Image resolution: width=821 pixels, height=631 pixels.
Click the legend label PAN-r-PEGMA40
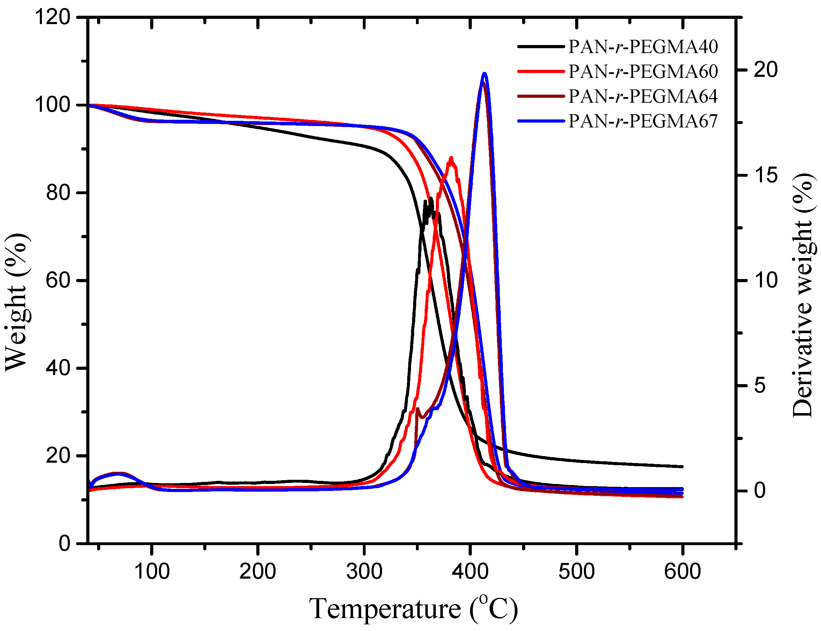click(643, 46)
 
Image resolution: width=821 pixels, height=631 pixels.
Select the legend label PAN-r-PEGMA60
click(643, 71)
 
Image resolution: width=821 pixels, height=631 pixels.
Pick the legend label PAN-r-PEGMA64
click(643, 96)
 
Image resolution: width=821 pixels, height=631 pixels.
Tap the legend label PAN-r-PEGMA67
click(643, 121)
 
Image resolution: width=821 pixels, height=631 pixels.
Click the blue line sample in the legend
click(541, 121)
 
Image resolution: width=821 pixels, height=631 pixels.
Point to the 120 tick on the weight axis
click(53, 17)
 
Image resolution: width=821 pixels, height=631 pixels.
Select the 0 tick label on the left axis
click(64, 543)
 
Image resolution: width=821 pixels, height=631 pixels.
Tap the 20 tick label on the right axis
click(765, 70)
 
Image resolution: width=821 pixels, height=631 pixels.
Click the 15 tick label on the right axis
click(765, 175)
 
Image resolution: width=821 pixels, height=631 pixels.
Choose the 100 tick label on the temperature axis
click(152, 572)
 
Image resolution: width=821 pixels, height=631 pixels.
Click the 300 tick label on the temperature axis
click(364, 572)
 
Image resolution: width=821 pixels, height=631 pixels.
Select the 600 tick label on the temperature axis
click(682, 572)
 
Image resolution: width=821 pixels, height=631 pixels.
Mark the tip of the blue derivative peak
click(484, 74)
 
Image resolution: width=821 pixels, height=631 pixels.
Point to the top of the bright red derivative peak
click(451, 158)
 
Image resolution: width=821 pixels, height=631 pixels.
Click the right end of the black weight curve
click(682, 467)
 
